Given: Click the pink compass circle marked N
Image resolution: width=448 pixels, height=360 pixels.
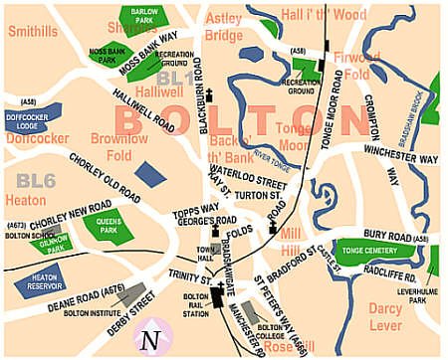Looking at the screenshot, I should point(150,337).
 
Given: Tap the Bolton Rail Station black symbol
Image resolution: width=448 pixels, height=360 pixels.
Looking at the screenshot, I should point(218,295).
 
